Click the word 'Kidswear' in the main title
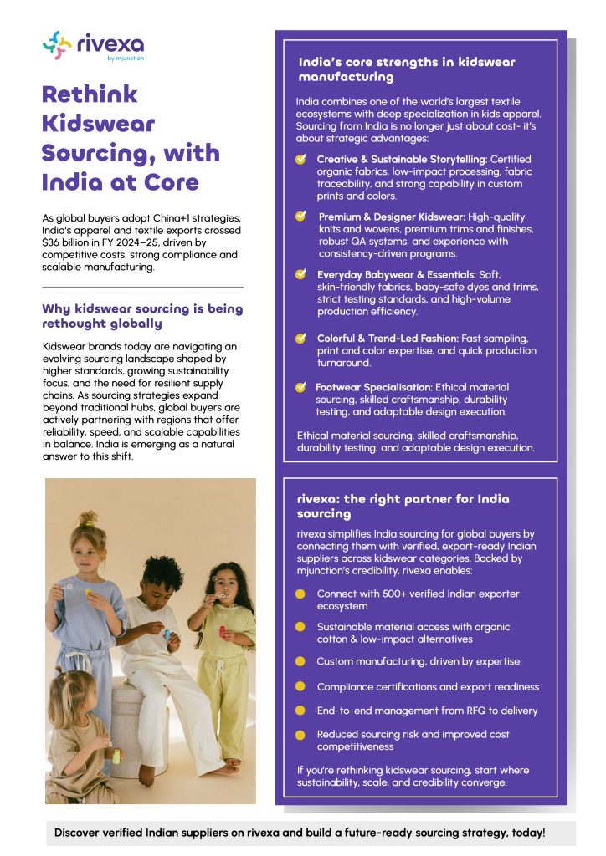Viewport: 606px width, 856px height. coord(99,124)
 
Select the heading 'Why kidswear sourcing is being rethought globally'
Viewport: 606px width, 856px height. coord(142,316)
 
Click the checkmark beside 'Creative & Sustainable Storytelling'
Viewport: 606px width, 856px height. coord(300,159)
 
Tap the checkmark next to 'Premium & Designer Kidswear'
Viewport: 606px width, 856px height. coord(300,216)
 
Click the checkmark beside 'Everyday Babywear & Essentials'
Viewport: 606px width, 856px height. coord(300,273)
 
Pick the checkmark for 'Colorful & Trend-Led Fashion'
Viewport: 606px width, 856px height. coord(300,339)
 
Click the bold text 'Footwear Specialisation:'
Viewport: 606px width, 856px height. coord(373,387)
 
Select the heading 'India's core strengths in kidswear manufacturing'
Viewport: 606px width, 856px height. coord(407,69)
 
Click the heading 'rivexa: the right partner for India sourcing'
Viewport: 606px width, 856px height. coord(403,506)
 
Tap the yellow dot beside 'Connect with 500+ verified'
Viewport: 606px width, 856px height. coord(300,594)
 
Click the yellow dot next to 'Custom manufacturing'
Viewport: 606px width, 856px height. coord(300,661)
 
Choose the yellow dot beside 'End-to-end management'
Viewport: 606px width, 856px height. coord(300,711)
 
